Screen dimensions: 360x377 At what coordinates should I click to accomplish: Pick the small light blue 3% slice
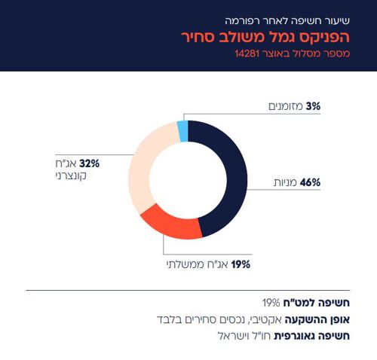(182, 131)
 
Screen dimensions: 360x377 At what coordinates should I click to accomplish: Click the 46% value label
(310, 182)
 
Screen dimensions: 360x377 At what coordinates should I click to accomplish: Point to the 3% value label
(313, 107)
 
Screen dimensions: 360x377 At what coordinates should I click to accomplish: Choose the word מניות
(285, 182)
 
